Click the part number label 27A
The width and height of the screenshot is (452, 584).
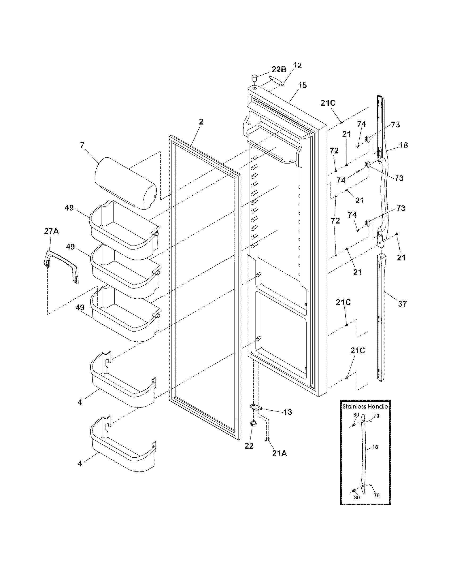[51, 231]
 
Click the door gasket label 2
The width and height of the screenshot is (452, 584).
[201, 122]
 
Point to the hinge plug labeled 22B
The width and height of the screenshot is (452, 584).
[254, 79]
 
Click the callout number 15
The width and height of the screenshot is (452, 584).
[303, 85]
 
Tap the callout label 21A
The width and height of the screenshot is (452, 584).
[279, 453]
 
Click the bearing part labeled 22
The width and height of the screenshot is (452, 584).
[252, 431]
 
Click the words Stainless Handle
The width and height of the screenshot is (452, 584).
[365, 406]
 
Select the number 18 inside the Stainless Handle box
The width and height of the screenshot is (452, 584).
[375, 447]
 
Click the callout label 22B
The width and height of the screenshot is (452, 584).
[279, 70]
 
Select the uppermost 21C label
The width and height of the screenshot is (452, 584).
[328, 103]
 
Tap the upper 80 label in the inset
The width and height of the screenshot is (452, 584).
[356, 415]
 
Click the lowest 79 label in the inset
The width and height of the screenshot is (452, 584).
[376, 495]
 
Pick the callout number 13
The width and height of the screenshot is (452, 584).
[288, 412]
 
